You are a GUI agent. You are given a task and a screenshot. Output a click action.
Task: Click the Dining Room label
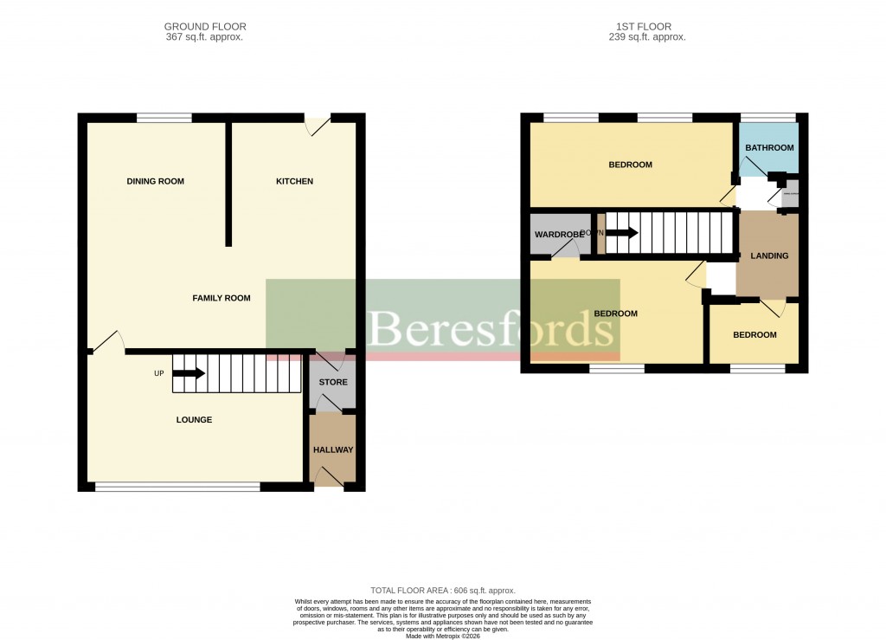tap(156, 181)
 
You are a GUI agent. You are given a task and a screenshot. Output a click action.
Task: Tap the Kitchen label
tap(294, 181)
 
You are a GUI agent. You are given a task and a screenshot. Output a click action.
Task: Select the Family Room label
tap(221, 298)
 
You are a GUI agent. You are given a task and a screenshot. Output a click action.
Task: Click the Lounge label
tap(194, 420)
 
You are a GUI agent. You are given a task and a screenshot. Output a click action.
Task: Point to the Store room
tap(333, 382)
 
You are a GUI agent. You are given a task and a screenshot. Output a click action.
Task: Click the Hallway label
tap(333, 449)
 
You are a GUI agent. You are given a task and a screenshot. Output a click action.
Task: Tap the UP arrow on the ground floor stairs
tap(189, 374)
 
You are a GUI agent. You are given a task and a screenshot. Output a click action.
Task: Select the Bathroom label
tap(769, 148)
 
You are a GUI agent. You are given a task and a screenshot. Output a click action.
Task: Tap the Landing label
tap(768, 256)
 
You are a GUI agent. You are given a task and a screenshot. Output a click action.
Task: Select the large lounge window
tap(177, 488)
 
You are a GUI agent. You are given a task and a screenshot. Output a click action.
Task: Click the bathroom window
tap(767, 117)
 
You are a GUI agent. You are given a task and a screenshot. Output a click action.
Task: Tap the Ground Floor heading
tap(204, 27)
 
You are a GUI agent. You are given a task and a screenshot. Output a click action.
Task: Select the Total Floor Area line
tap(443, 591)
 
